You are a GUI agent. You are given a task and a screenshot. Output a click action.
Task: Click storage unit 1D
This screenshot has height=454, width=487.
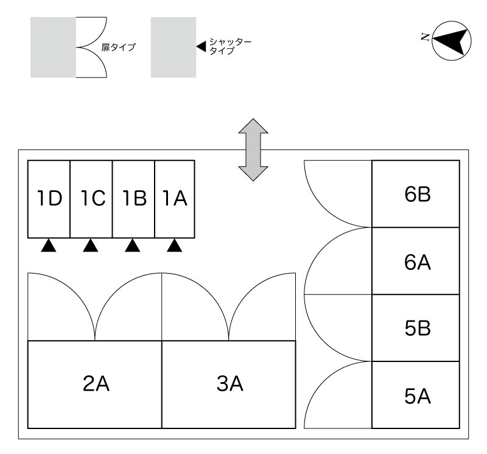pos(49,199)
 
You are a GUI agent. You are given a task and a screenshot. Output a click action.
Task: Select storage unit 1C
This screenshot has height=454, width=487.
pos(91,199)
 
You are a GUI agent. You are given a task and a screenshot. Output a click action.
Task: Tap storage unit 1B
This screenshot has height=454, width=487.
pos(133,199)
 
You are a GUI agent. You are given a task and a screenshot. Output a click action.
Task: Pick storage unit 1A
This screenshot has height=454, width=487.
pos(175,199)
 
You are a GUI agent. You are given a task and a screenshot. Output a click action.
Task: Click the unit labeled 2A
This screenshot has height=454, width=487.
pos(95,385)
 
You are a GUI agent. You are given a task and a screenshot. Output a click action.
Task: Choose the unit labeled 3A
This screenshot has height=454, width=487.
pos(229,385)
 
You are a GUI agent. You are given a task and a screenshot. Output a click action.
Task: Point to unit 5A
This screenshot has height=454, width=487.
pos(416,395)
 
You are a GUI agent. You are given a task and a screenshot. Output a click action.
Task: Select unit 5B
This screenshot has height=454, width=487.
pos(416,328)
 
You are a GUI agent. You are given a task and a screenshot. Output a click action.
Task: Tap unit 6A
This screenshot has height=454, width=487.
pos(416,261)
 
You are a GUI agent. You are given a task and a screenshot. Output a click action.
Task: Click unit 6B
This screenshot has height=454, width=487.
pos(416,194)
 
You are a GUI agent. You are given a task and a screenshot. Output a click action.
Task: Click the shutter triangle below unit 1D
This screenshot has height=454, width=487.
pos(49,246)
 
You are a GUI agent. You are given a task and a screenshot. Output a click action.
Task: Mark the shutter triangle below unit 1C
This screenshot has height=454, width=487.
pos(91,246)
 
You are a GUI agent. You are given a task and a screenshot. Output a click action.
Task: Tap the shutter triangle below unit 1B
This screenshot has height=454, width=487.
pos(133,246)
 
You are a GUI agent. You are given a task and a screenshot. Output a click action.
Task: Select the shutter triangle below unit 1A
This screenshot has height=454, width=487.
pos(175,246)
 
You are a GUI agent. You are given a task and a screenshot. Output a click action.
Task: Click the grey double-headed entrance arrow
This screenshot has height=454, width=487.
pos(253,149)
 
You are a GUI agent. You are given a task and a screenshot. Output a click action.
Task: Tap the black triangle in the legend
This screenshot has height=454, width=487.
pos(201,46)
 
